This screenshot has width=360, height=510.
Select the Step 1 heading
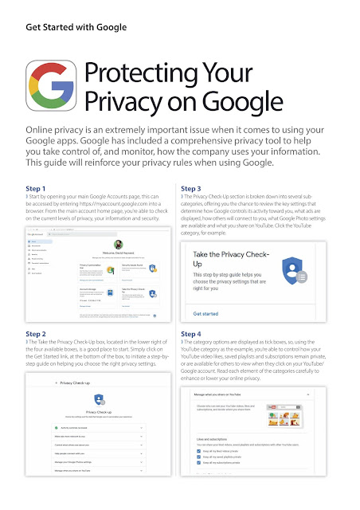[x=37, y=188]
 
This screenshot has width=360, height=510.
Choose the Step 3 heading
[x=193, y=188]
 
